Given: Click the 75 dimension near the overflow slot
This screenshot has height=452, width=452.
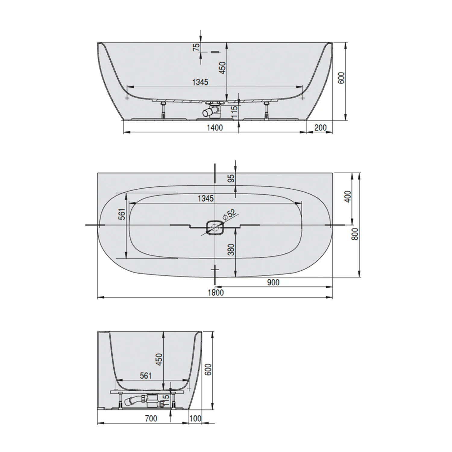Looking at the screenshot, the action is coord(196,47).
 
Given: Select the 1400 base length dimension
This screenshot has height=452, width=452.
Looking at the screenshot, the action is coord(215,128).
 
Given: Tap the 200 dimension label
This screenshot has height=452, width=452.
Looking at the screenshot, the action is coord(320,128).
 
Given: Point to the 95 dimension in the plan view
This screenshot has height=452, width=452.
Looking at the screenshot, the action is coord(231,179).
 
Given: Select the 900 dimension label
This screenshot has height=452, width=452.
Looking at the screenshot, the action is coord(273,282).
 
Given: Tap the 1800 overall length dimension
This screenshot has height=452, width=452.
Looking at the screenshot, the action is coord(216,293).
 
